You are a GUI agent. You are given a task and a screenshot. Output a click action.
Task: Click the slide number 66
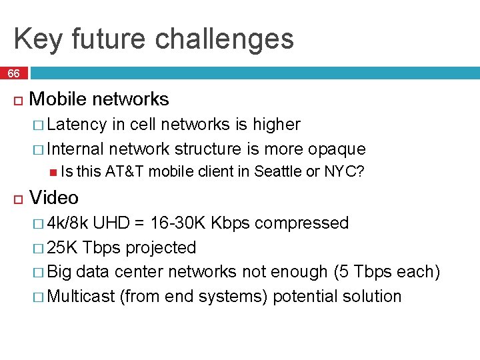coord(14,73)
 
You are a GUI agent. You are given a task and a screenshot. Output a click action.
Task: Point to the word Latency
coord(77,125)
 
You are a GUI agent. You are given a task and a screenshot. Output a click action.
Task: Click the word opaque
coord(337,148)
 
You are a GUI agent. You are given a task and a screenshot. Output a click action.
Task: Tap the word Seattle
coord(278,172)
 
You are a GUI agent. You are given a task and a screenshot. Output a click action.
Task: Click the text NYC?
coord(343,172)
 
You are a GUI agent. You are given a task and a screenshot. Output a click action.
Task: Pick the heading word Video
coord(54,198)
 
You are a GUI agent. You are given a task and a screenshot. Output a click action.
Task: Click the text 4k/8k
coord(70,223)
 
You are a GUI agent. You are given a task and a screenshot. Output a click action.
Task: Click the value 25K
coord(64,247)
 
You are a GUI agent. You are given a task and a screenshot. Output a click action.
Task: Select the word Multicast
coord(82,296)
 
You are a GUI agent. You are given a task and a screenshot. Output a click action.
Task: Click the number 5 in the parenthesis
coord(363,272)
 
